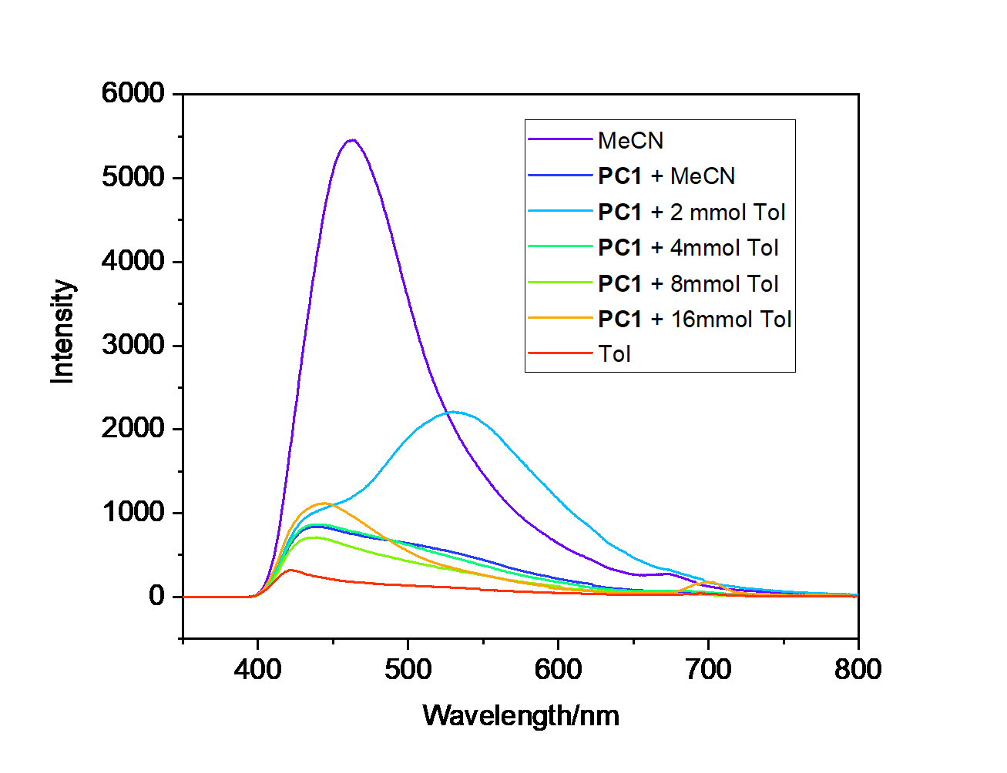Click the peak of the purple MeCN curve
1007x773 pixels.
pos(352,140)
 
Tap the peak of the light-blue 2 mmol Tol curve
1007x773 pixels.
pos(455,412)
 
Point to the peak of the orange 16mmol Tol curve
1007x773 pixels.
pos(324,503)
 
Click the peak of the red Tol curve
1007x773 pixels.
pos(290,570)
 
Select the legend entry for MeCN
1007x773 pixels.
pos(630,141)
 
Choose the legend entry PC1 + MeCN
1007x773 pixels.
pos(666,176)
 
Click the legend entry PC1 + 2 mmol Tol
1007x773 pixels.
pos(691,212)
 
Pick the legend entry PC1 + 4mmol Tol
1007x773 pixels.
pos(688,248)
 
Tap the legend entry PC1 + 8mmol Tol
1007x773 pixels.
pos(688,283)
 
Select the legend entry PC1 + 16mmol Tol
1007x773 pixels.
pos(694,319)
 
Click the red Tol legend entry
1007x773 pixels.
pos(614,354)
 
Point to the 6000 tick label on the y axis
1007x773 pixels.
pos(133,93)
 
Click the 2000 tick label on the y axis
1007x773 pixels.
pos(133,428)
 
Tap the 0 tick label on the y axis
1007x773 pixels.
pos(156,596)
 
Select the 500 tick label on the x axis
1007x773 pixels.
pos(408,669)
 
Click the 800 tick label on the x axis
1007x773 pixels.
pos(858,669)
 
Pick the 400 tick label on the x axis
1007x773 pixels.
pos(257,669)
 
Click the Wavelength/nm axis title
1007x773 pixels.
pos(521,716)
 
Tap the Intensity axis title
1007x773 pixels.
pos(62,331)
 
